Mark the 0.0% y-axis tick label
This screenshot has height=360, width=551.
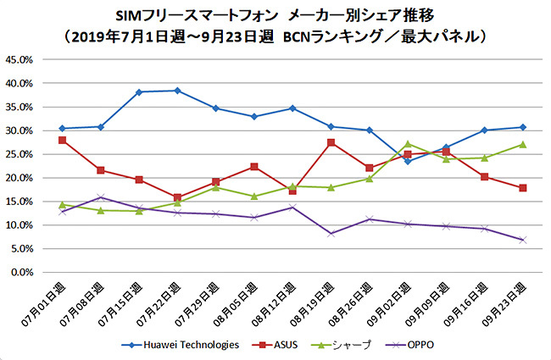21,273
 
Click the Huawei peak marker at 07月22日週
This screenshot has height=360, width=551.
177,91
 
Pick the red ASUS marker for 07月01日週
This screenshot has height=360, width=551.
63,140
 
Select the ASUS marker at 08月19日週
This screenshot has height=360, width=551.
331,142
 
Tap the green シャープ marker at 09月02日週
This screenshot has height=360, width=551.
408,143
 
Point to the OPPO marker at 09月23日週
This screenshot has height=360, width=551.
523,240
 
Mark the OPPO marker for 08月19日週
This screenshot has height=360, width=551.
331,234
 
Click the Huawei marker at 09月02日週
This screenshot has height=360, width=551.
408,161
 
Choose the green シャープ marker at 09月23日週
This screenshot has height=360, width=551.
523,144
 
